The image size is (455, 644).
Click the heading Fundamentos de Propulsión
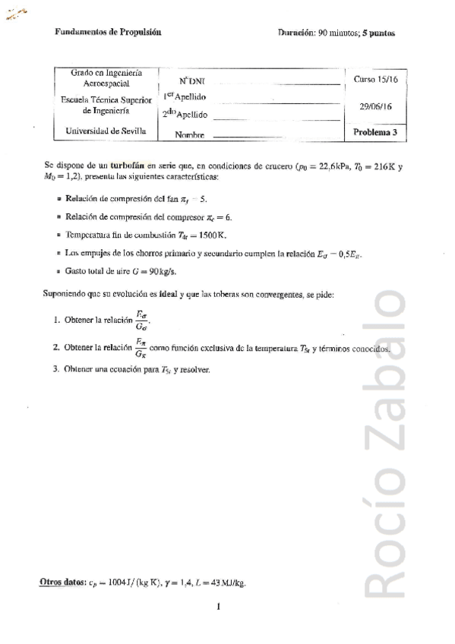(x=108, y=33)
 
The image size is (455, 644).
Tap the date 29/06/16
(x=375, y=107)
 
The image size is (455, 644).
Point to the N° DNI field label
(x=192, y=80)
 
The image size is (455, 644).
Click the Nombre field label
(x=190, y=135)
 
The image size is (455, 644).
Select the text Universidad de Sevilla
(x=106, y=131)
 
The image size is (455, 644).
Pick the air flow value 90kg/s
(x=166, y=271)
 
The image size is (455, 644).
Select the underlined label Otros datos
(x=62, y=582)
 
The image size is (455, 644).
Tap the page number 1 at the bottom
(x=217, y=606)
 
